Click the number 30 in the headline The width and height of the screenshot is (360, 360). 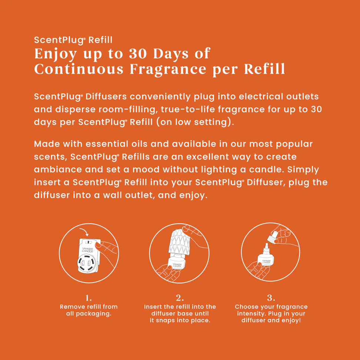(137, 54)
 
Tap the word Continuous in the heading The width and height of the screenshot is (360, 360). (79, 69)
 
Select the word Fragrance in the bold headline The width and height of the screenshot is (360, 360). (168, 69)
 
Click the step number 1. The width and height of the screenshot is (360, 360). (89, 298)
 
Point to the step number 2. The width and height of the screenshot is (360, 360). (180, 298)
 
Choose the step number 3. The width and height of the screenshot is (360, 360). (271, 298)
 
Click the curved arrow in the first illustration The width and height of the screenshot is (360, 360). (84, 232)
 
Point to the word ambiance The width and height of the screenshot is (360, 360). (58, 169)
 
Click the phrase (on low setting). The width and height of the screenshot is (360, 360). (196, 122)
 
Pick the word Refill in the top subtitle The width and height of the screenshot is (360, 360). (100, 40)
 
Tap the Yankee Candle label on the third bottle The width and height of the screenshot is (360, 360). (267, 261)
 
